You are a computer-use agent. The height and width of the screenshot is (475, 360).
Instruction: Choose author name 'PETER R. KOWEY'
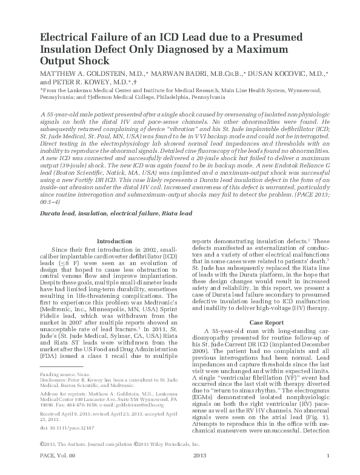(75, 82)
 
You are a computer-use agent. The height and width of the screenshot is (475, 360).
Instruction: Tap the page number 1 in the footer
(328, 472)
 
